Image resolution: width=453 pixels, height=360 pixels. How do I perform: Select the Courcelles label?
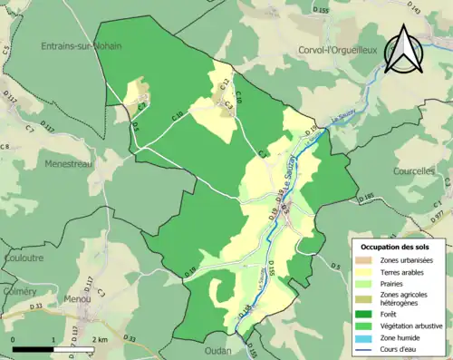pyautogui.click(x=415, y=170)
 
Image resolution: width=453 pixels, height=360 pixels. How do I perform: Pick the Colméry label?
pyautogui.click(x=19, y=291)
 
